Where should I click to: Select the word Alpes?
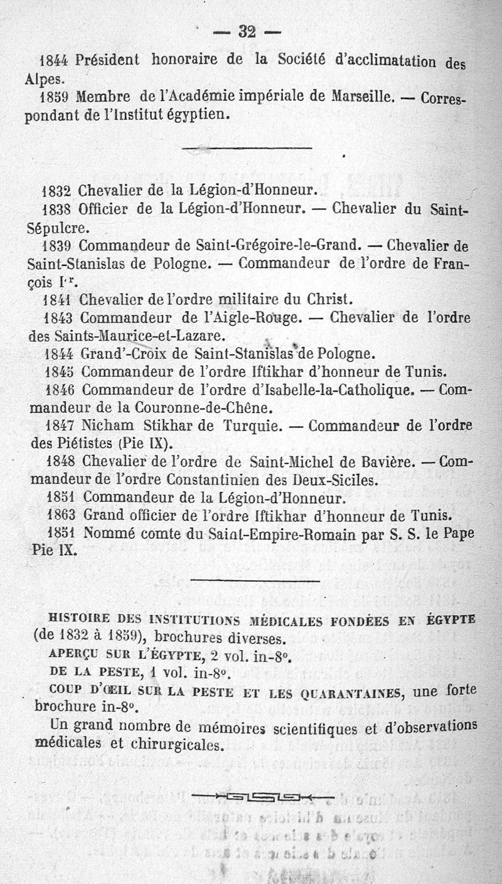pyautogui.click(x=45, y=80)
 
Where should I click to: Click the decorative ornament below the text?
pyautogui.click(x=262, y=797)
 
